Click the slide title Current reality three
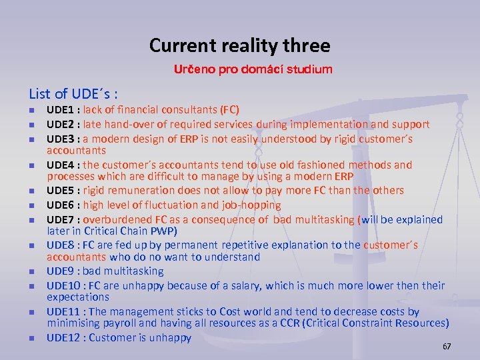239,45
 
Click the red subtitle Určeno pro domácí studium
253,69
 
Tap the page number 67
447,347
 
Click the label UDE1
61,110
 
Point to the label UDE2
61,124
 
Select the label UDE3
61,139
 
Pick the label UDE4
61,165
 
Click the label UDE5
61,191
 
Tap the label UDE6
61,205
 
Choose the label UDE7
61,219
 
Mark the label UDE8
61,245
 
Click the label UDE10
64,285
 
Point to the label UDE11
64,312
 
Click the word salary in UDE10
245,285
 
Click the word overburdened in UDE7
116,219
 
